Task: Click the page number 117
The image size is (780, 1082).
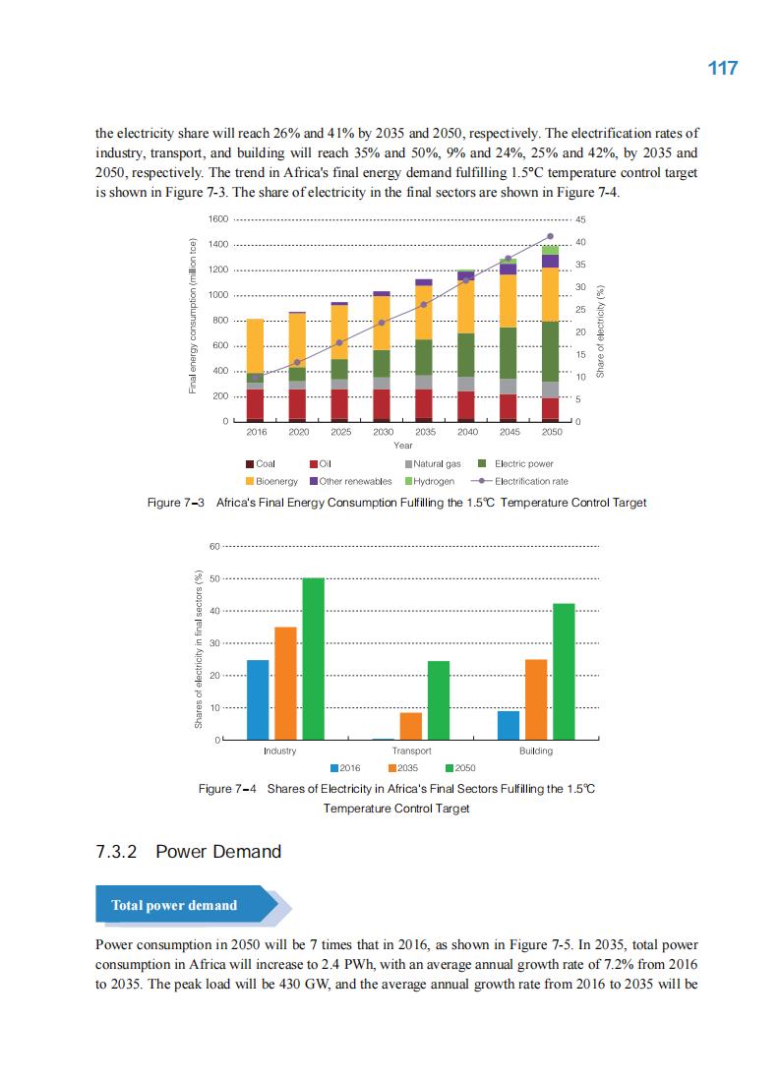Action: (x=722, y=68)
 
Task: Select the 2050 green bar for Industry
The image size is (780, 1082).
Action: (x=313, y=658)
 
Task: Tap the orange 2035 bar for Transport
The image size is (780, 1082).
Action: (x=411, y=726)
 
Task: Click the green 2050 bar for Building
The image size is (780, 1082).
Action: (x=564, y=671)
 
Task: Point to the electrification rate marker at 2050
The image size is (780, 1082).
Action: (x=551, y=236)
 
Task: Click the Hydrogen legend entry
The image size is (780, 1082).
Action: (x=429, y=481)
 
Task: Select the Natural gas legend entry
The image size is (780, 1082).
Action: (x=432, y=463)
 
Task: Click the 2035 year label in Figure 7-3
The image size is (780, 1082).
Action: (x=425, y=432)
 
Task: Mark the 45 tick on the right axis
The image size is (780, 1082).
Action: (x=580, y=219)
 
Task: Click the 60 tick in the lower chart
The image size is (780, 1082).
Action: (x=215, y=547)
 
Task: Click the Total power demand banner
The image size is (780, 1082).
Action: (x=174, y=905)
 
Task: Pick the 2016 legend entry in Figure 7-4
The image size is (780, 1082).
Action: (x=345, y=768)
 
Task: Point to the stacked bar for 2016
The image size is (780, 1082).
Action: (x=255, y=370)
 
